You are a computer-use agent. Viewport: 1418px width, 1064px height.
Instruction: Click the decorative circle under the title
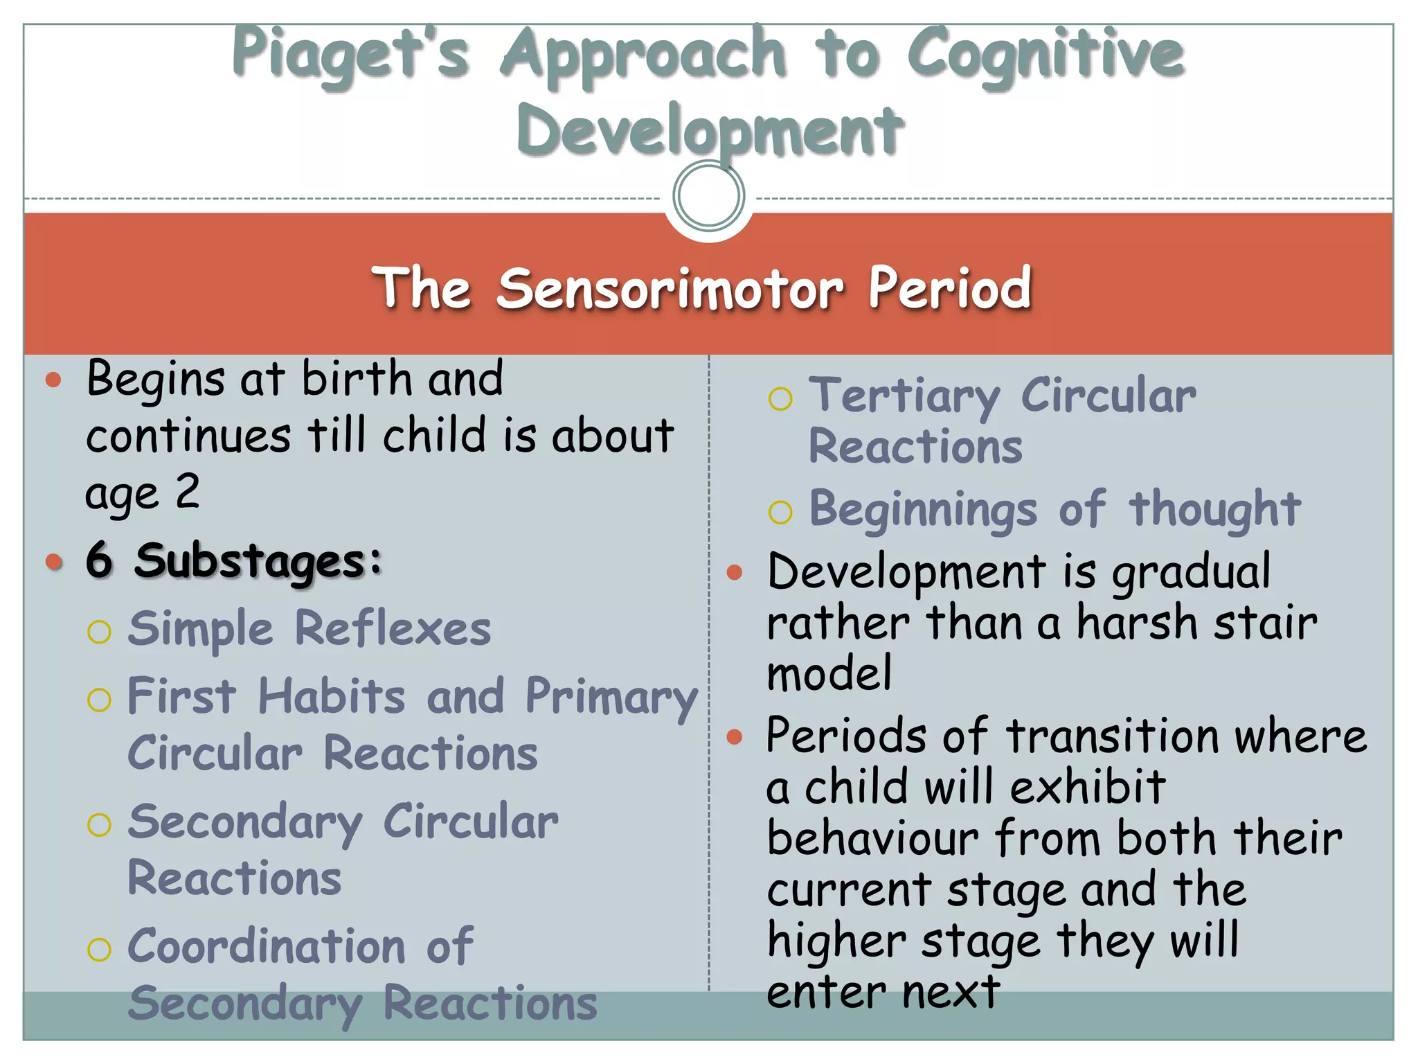click(708, 195)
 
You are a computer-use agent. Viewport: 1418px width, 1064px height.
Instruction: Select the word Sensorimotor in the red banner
click(670, 288)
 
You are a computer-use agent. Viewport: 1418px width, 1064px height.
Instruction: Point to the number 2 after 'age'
click(187, 492)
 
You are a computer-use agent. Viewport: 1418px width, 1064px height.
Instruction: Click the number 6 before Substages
click(99, 560)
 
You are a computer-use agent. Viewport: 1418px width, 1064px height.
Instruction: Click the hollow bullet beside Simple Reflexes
click(100, 632)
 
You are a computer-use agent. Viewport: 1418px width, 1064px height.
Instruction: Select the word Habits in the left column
click(331, 696)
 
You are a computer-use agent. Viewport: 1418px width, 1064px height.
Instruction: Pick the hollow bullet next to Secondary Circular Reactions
click(100, 825)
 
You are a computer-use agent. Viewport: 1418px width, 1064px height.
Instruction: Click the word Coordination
click(267, 947)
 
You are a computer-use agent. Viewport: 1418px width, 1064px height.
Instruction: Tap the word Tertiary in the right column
click(904, 397)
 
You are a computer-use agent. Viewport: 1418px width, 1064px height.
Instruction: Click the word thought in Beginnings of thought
click(1214, 510)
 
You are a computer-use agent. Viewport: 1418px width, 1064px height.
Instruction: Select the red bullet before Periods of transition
click(735, 736)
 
